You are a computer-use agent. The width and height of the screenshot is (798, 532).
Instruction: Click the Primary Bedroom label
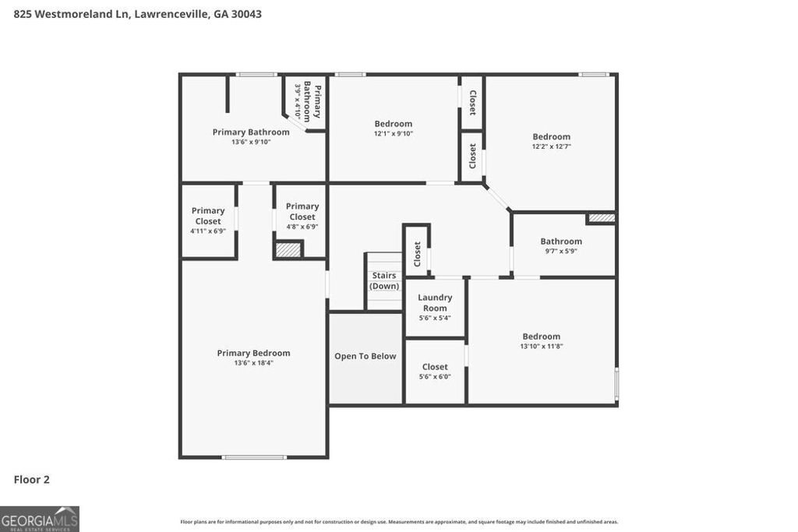point(253,353)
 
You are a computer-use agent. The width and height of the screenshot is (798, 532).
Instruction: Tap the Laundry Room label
point(435,302)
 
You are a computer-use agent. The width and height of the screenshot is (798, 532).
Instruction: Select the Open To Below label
point(365,356)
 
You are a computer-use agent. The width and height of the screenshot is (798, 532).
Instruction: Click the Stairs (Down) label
point(384,280)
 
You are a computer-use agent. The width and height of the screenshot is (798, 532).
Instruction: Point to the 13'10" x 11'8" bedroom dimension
point(541,346)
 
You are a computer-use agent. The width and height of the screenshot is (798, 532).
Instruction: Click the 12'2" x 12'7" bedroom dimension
point(552,146)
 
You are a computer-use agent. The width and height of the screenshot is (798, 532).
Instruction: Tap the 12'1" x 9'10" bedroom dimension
point(393,134)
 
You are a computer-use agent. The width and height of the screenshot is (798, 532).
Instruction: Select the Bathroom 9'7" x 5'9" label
point(561,241)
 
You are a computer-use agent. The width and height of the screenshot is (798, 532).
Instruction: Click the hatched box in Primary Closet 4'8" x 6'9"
point(288,250)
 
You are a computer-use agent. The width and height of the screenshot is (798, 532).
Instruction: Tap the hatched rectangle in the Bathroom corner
point(601,219)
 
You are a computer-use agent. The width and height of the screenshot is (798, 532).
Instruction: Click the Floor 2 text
point(31,480)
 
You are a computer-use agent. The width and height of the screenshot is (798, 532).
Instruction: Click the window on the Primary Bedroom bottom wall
point(254,457)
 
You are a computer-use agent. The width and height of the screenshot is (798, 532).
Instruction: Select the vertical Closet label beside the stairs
point(417,254)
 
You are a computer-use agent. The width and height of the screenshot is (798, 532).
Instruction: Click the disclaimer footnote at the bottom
point(399,522)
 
